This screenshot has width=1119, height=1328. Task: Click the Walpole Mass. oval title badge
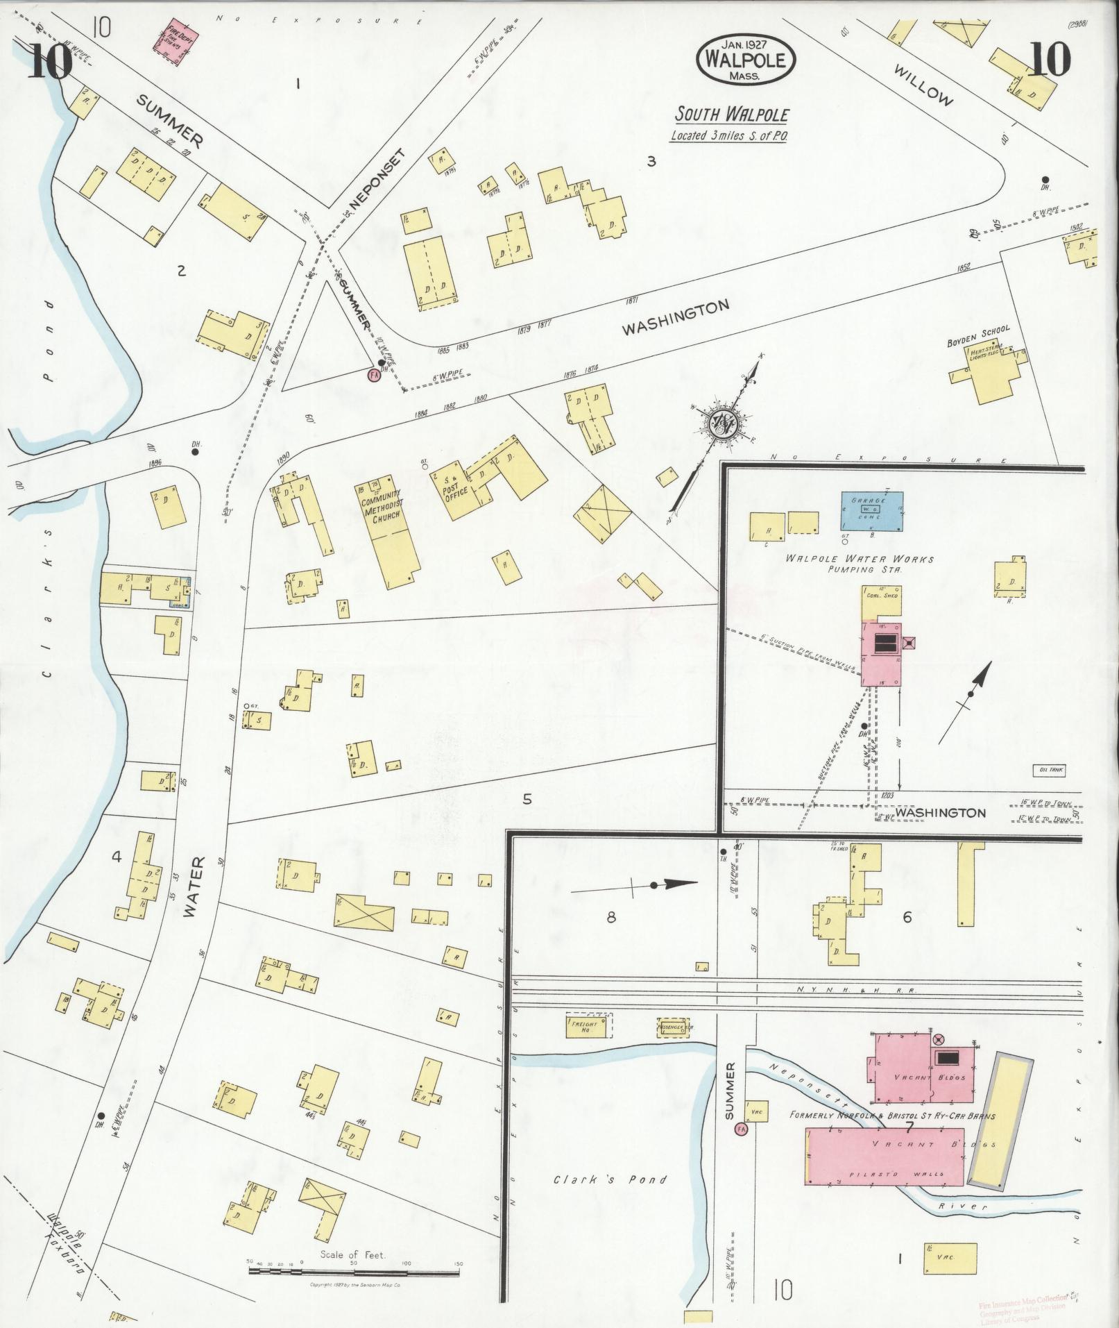(x=746, y=58)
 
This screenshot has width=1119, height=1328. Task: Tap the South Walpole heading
(x=732, y=115)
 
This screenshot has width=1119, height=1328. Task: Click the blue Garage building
(x=872, y=511)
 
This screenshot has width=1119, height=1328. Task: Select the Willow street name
(x=923, y=85)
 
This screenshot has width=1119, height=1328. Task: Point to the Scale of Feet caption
(x=352, y=1254)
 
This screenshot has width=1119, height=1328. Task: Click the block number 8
(x=610, y=917)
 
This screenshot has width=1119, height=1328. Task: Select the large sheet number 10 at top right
(x=1050, y=61)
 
